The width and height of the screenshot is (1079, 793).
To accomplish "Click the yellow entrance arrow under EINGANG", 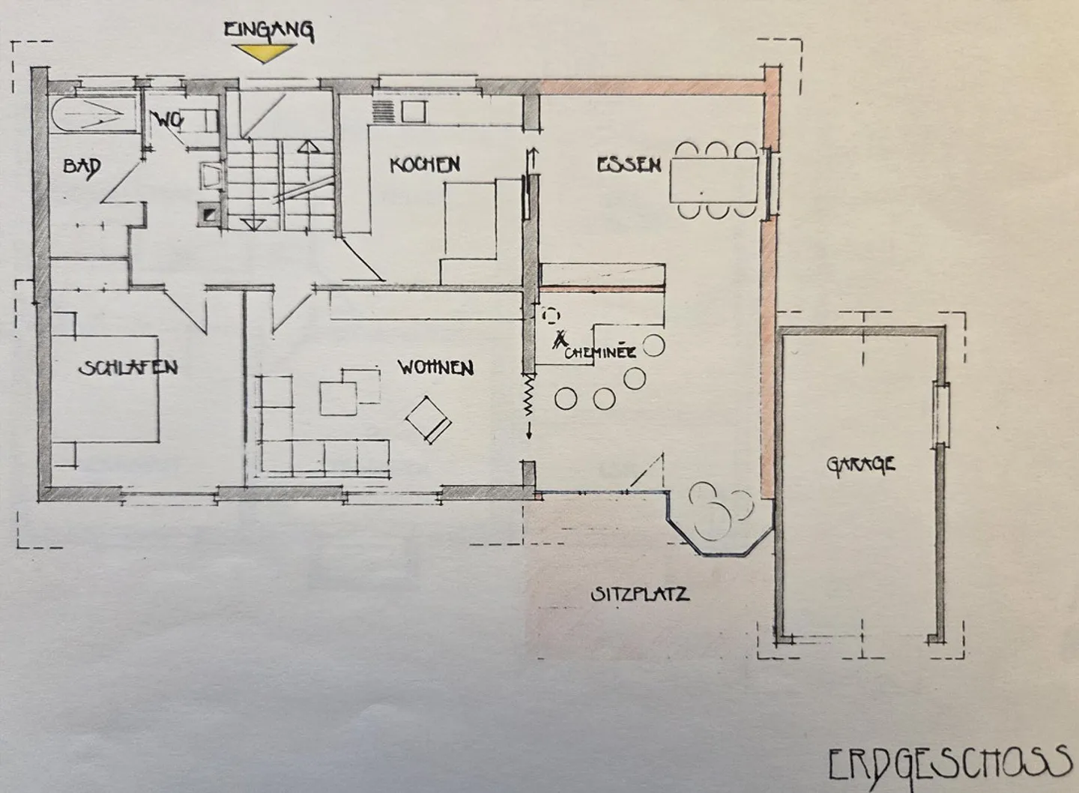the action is pyautogui.click(x=264, y=52).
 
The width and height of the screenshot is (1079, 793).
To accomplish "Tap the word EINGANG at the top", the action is pyautogui.click(x=269, y=31).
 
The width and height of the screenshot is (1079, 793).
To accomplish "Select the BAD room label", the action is pyautogui.click(x=82, y=167).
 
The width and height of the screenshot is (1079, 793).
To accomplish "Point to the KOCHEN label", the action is pyautogui.click(x=425, y=165).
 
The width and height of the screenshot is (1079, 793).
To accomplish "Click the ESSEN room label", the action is pyautogui.click(x=629, y=165).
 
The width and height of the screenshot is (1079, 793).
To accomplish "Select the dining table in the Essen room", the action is pyautogui.click(x=714, y=180).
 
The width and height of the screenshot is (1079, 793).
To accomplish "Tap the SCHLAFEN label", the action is pyautogui.click(x=127, y=368).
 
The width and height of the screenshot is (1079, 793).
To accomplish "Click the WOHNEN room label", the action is pyautogui.click(x=435, y=368).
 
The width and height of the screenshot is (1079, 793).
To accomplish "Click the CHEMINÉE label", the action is pyautogui.click(x=600, y=353).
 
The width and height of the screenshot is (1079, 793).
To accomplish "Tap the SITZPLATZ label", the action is pyautogui.click(x=640, y=594).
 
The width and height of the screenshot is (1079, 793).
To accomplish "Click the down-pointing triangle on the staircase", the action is pyautogui.click(x=253, y=225).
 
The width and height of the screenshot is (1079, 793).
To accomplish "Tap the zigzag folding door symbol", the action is pyautogui.click(x=529, y=394).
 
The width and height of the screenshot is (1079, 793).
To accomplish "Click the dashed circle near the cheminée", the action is pyautogui.click(x=551, y=316).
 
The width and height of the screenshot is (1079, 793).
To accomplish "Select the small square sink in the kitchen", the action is pyautogui.click(x=414, y=112).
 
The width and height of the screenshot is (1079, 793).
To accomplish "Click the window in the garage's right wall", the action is pyautogui.click(x=941, y=414).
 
